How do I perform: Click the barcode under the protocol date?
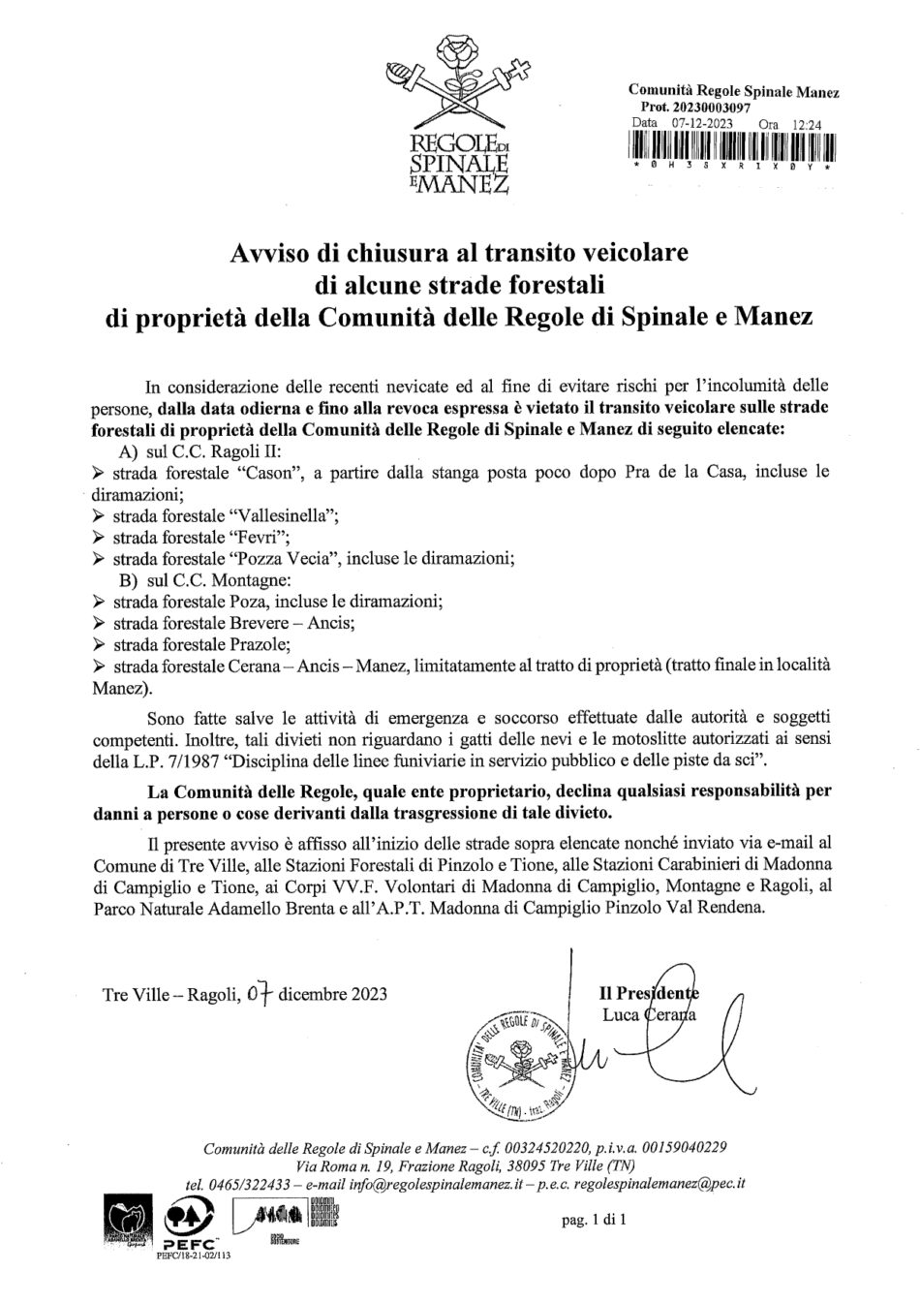(x=732, y=147)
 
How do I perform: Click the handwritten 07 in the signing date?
(x=259, y=993)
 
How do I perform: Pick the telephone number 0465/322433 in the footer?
(x=251, y=1184)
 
